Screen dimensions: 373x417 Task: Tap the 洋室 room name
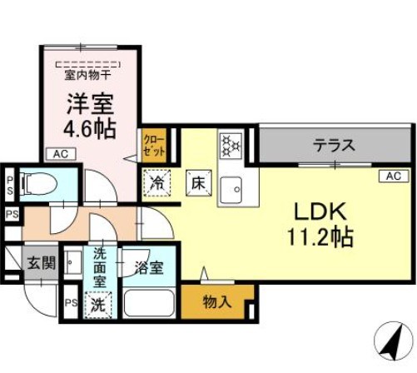pos(90,103)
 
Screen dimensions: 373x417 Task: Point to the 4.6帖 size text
pos(90,130)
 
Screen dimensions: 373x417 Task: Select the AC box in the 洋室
pos(59,154)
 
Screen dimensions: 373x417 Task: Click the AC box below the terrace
pos(393,176)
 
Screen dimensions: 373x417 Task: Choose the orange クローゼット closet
pos(155,145)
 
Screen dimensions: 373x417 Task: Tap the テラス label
pos(334,144)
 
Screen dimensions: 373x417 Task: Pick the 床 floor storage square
pos(198,181)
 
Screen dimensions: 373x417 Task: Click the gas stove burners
pos(230,146)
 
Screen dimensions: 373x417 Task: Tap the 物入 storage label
pos(217,301)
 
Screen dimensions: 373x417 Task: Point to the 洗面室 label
pos(100,266)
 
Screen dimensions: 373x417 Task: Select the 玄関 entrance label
pos(40,264)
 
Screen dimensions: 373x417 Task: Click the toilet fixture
pos(38,182)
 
